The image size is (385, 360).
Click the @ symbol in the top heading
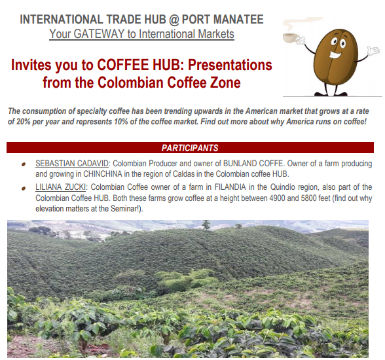point(174,20)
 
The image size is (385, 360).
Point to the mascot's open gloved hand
point(373,51)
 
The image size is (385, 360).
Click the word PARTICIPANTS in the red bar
point(190,148)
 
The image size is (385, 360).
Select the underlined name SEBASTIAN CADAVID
point(72,163)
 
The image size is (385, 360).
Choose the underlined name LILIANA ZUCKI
point(61,187)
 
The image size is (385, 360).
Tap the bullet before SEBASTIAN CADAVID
point(24,164)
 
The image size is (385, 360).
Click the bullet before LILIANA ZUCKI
point(24,189)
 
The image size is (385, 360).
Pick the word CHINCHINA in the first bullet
point(103,174)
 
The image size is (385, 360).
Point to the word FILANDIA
point(230,187)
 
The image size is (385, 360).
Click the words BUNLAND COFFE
point(253,163)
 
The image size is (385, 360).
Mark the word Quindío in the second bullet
point(282,187)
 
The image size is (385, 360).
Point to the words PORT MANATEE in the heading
point(223,20)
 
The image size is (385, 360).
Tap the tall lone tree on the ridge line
point(206,225)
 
